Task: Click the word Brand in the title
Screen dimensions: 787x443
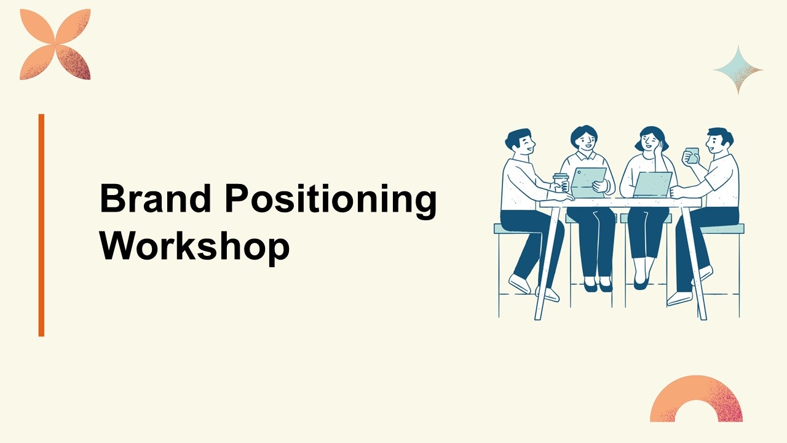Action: (156, 198)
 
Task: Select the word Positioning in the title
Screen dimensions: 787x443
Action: (331, 201)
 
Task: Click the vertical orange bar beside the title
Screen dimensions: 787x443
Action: (41, 225)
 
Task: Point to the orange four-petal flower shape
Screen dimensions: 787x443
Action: (55, 45)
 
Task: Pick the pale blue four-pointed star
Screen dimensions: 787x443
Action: (738, 70)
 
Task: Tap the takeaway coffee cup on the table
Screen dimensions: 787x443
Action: (560, 183)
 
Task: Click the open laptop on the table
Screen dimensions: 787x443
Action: (653, 185)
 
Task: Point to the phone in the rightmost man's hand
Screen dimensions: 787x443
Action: (692, 156)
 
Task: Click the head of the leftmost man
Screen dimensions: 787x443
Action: (520, 142)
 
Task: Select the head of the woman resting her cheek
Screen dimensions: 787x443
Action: (651, 140)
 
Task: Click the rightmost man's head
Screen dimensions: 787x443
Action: (719, 141)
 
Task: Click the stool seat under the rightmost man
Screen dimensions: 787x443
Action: (722, 229)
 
